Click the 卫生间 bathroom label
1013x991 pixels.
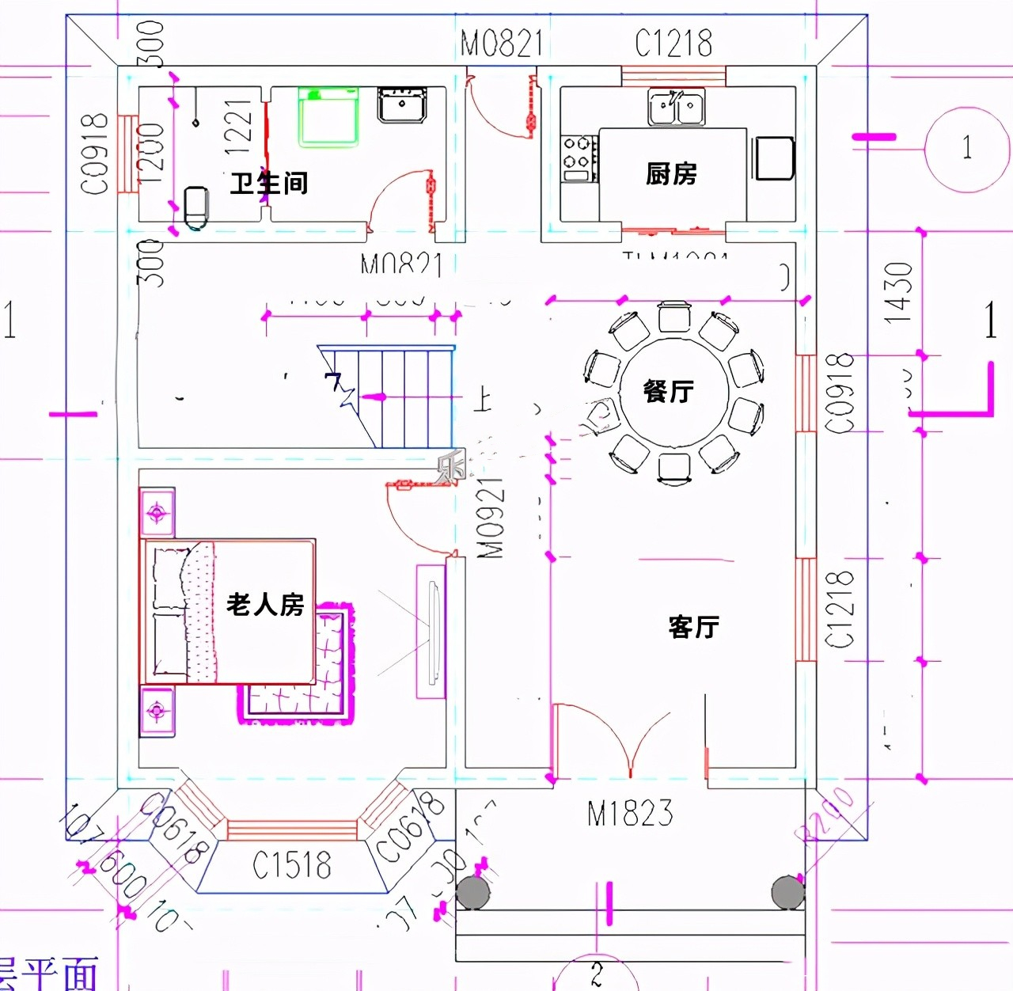point(269,184)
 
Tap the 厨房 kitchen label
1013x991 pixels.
point(671,173)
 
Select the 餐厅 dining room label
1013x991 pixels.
point(669,391)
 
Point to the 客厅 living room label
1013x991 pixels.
point(693,627)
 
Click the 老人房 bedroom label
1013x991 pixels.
point(265,605)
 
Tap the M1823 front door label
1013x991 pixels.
point(630,814)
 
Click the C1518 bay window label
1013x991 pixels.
point(292,866)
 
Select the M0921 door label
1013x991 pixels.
point(491,518)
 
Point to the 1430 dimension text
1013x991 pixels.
point(899,293)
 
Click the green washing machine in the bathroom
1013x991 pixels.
point(328,117)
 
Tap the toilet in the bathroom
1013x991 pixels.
point(195,207)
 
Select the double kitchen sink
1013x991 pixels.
point(676,108)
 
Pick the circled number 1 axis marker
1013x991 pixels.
point(966,148)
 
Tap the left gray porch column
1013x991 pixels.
point(473,892)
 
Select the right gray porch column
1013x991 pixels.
point(788,892)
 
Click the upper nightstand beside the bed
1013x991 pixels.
point(157,513)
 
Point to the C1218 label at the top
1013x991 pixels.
point(673,44)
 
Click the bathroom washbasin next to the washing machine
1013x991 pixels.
point(402,104)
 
